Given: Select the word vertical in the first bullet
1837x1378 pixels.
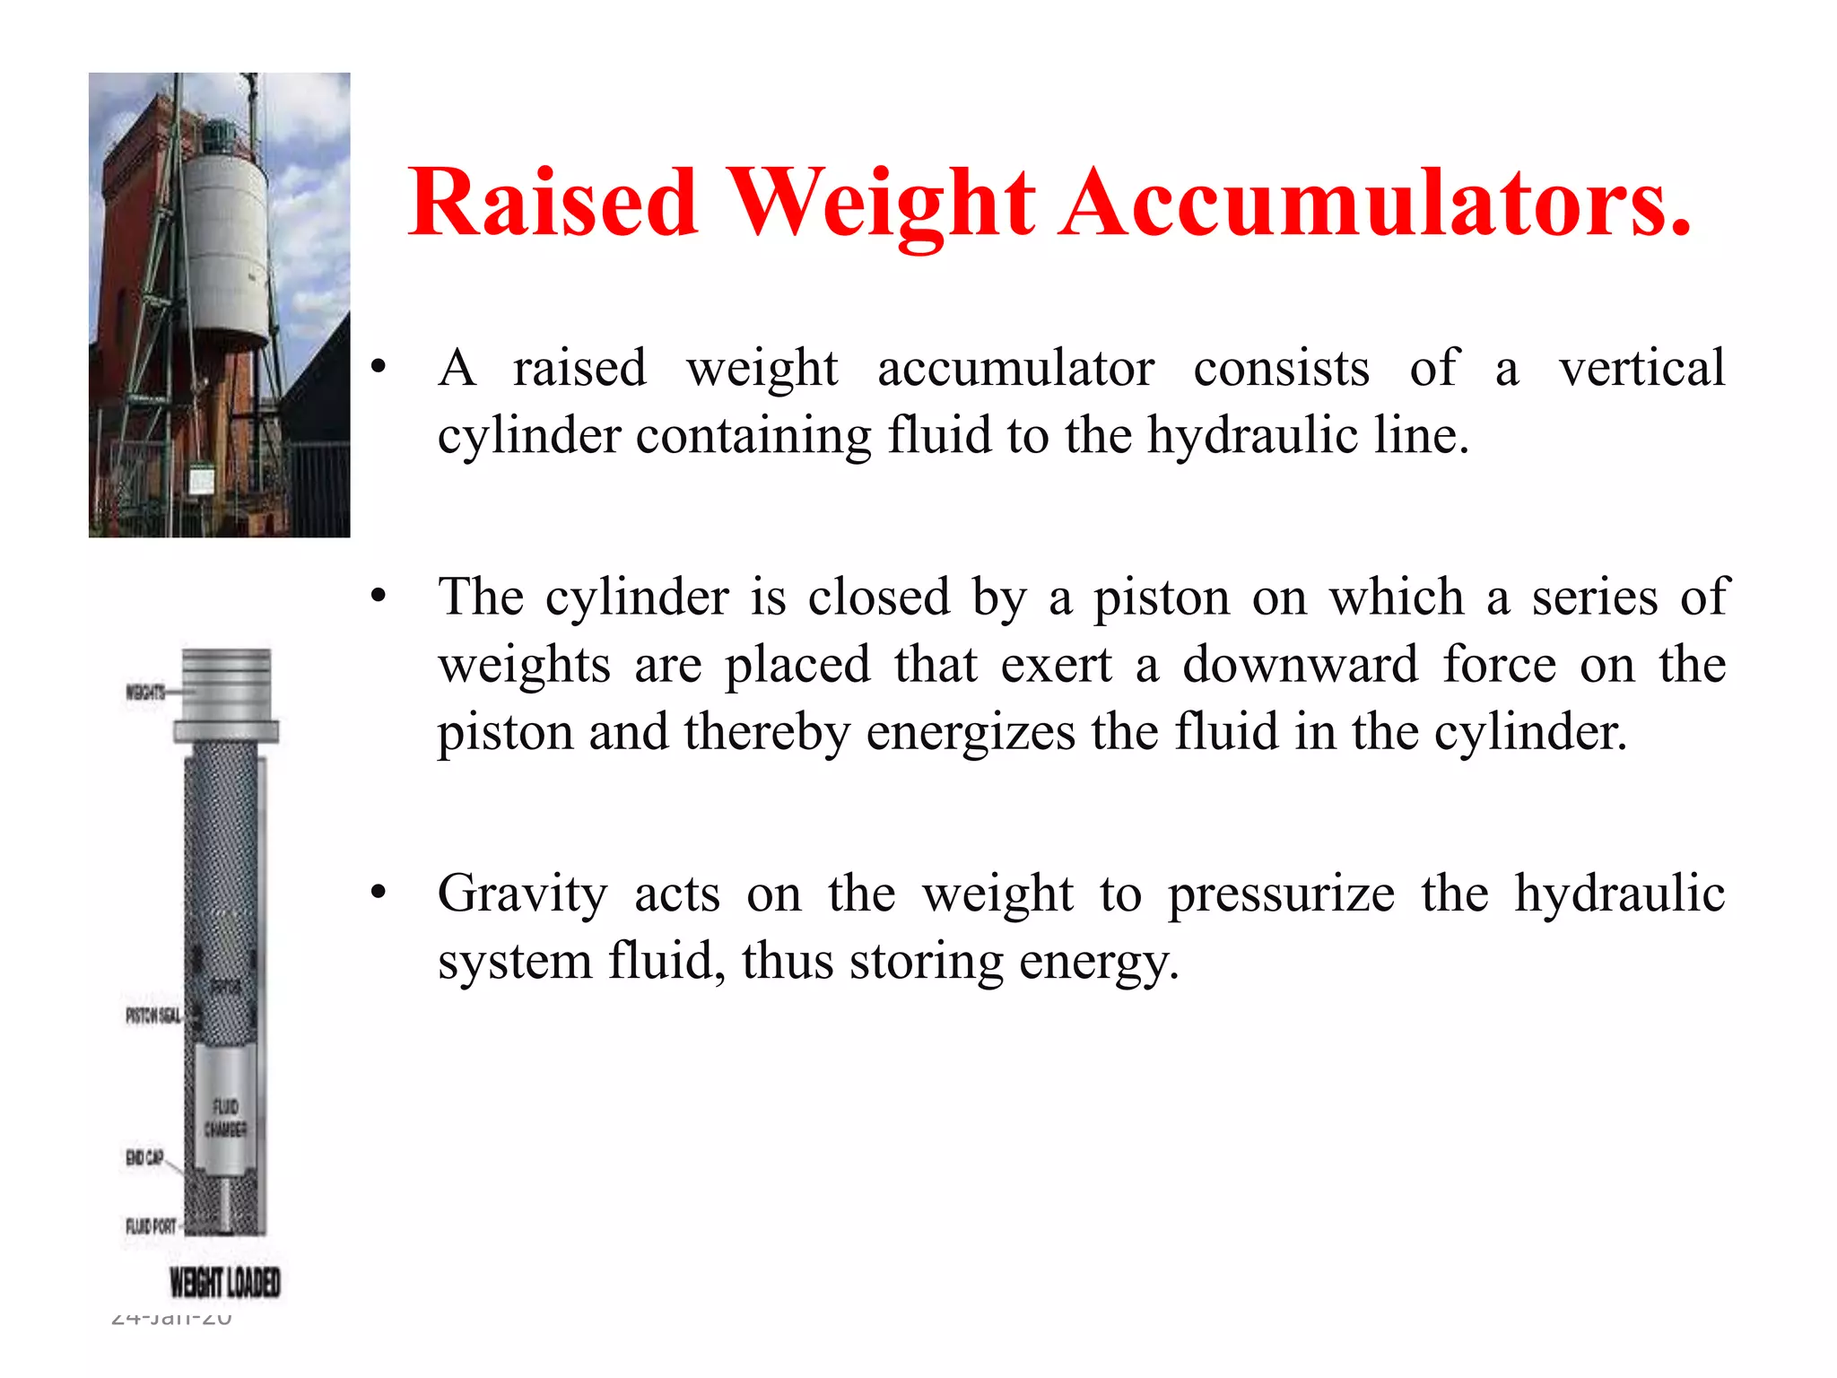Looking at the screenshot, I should [x=1641, y=368].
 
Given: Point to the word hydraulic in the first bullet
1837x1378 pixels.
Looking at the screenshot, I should [x=1252, y=436].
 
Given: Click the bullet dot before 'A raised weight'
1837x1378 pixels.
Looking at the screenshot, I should [x=379, y=366].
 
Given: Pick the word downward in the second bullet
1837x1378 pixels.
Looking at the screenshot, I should [x=1301, y=665].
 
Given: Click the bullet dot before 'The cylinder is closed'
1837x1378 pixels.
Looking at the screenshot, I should [x=379, y=596].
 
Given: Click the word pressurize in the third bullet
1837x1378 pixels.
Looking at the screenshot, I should [x=1281, y=894].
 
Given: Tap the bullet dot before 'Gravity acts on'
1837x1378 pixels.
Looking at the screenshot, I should [x=379, y=892].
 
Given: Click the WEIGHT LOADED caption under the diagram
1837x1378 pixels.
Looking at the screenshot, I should [x=225, y=1282].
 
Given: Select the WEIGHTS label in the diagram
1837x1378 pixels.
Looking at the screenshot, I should [x=144, y=692].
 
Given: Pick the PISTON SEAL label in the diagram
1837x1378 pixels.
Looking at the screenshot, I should [x=152, y=1016].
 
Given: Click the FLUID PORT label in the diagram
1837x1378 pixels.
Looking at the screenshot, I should [x=151, y=1225].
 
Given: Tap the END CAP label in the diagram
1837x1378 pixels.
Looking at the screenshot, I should [x=144, y=1157].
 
